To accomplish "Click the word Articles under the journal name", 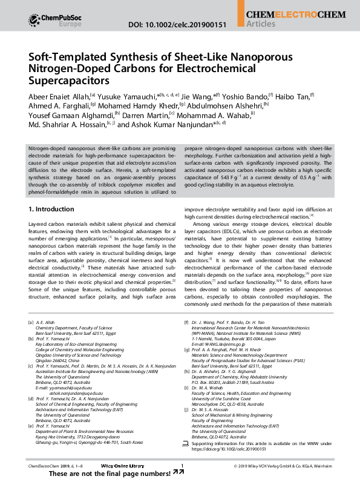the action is click(x=261, y=24).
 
